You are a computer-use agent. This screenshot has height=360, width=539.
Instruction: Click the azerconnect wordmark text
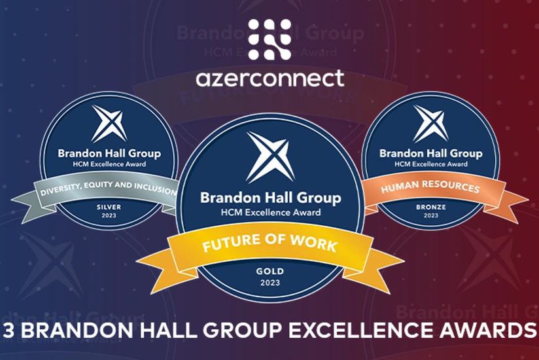point(269,78)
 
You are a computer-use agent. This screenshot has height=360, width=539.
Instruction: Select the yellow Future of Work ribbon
point(269,247)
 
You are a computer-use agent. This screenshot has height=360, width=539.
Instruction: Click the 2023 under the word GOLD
point(269,283)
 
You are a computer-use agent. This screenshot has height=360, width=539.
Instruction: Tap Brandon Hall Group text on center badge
point(269,198)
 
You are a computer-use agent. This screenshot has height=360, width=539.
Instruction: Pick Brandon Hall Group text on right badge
point(431,154)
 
